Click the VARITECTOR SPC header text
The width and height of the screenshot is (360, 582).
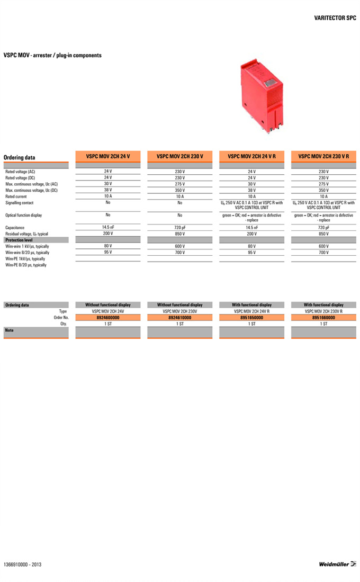(335, 17)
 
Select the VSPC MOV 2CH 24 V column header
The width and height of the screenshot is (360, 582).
(107, 156)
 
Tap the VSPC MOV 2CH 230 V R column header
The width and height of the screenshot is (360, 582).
(323, 156)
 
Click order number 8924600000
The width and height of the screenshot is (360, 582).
(107, 318)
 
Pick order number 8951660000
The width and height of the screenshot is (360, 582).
(323, 318)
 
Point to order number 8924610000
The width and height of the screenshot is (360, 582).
(179, 318)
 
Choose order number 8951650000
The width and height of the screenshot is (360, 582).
(251, 318)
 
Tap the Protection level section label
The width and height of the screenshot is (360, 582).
(19, 240)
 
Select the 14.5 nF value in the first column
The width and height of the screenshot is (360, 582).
(107, 227)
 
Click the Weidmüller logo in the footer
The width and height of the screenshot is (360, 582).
(337, 564)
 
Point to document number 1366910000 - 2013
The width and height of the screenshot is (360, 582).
(22, 565)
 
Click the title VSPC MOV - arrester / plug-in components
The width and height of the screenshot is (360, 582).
(52, 55)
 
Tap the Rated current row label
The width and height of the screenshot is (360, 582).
(16, 196)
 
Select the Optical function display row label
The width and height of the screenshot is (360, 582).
(23, 216)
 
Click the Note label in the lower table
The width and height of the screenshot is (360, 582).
(9, 330)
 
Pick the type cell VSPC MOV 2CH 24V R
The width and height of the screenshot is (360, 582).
(251, 311)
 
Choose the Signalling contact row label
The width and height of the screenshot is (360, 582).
(20, 203)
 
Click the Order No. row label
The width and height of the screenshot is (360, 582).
(61, 318)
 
